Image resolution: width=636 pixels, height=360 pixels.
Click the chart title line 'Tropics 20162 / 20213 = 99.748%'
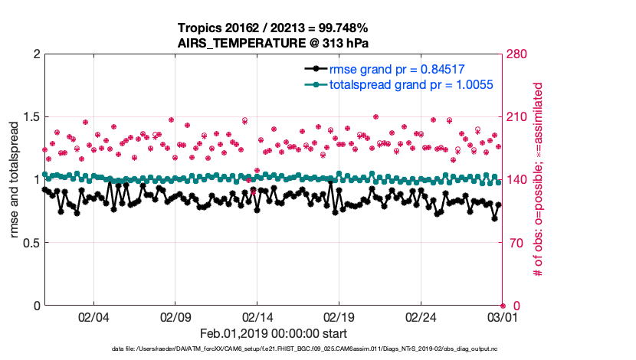pos(274,27)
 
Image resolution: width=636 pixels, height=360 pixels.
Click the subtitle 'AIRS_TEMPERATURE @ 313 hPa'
pos(274,42)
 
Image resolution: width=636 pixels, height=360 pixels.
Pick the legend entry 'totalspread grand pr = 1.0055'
pos(411,84)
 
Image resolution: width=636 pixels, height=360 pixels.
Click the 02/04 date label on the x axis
pos(93,317)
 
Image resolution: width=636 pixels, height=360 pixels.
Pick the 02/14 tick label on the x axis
pos(257,317)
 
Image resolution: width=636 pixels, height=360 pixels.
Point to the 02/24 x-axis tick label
pos(421,317)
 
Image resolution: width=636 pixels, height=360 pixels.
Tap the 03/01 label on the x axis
pos(502,317)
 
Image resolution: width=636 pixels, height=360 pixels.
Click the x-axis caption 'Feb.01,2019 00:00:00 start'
pos(274,333)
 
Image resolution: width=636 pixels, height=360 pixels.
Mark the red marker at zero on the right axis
pos(503,306)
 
